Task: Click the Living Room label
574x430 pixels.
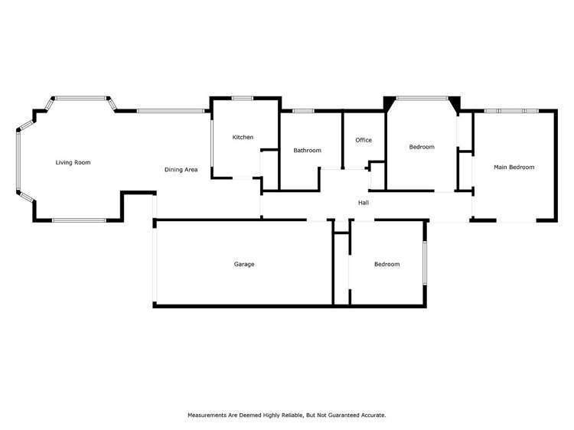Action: coord(73,162)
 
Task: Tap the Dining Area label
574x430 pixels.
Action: coord(181,170)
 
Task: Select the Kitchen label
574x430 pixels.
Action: coord(243,137)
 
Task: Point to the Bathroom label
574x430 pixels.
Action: coord(307,151)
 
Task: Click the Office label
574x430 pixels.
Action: coord(364,140)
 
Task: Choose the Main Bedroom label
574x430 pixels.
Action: coord(514,167)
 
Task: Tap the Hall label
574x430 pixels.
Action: coord(364,203)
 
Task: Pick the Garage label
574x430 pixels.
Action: coord(244,264)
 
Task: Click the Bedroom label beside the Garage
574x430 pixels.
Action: coord(386,264)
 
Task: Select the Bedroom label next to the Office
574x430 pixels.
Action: coord(421,147)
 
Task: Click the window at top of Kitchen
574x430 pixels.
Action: coord(243,98)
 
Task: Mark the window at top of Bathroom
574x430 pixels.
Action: coord(303,112)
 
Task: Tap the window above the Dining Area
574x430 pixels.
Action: coord(170,112)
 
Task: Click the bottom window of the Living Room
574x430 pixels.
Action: coord(79,220)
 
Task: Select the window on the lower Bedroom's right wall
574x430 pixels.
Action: coord(425,263)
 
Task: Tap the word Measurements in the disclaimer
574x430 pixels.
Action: coord(210,415)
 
